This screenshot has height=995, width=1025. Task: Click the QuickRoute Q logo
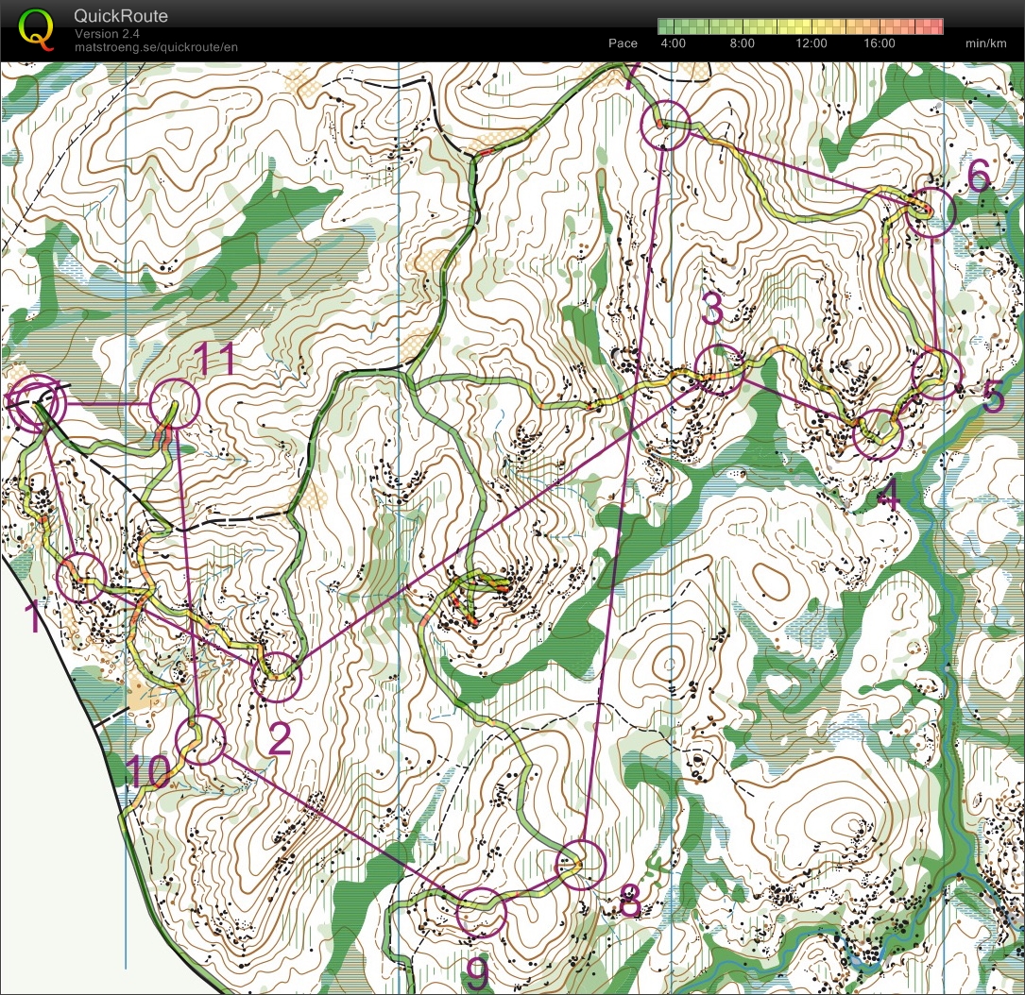point(36,28)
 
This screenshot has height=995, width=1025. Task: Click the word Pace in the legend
point(623,43)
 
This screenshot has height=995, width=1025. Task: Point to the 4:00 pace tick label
point(673,43)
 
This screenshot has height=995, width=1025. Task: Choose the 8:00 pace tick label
point(742,43)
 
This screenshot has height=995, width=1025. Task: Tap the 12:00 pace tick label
point(811,43)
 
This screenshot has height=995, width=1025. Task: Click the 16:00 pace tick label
point(879,43)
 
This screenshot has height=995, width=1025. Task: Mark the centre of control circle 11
point(176,404)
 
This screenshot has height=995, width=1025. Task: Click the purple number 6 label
point(979,177)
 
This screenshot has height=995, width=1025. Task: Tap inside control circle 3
point(719,371)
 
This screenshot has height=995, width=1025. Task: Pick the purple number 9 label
point(479,969)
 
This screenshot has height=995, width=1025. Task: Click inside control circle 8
point(579,864)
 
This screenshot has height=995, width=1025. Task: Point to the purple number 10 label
point(148,772)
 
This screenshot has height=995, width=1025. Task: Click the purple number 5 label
point(993,399)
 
